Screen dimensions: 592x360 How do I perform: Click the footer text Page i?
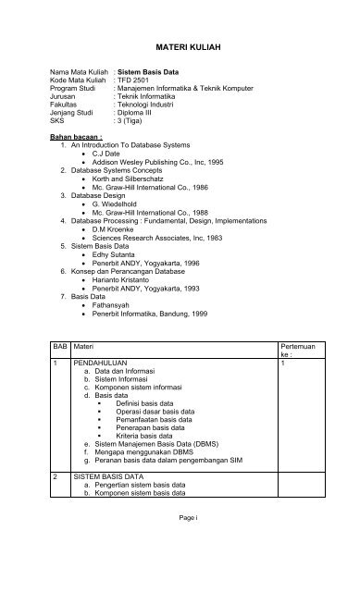[180, 542]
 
